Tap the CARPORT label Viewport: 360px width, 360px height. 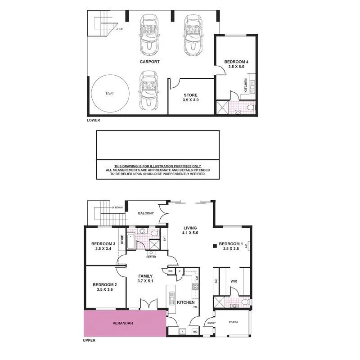pos(149,62)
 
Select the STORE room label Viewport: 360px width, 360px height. pos(191,95)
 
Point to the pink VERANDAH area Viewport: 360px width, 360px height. pos(124,323)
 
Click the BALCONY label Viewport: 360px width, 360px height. pos(146,213)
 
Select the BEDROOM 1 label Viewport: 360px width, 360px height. pos(231,244)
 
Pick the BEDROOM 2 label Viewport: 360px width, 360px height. pos(104,284)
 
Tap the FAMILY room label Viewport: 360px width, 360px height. pos(145,276)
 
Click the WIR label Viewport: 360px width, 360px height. pos(234,281)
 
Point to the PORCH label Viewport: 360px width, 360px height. pos(233,322)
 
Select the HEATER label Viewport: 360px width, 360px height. pos(151,257)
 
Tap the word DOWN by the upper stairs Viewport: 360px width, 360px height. pos(119,207)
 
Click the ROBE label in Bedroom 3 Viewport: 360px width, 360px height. pos(122,238)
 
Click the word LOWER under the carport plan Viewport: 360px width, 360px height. pos(93,120)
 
